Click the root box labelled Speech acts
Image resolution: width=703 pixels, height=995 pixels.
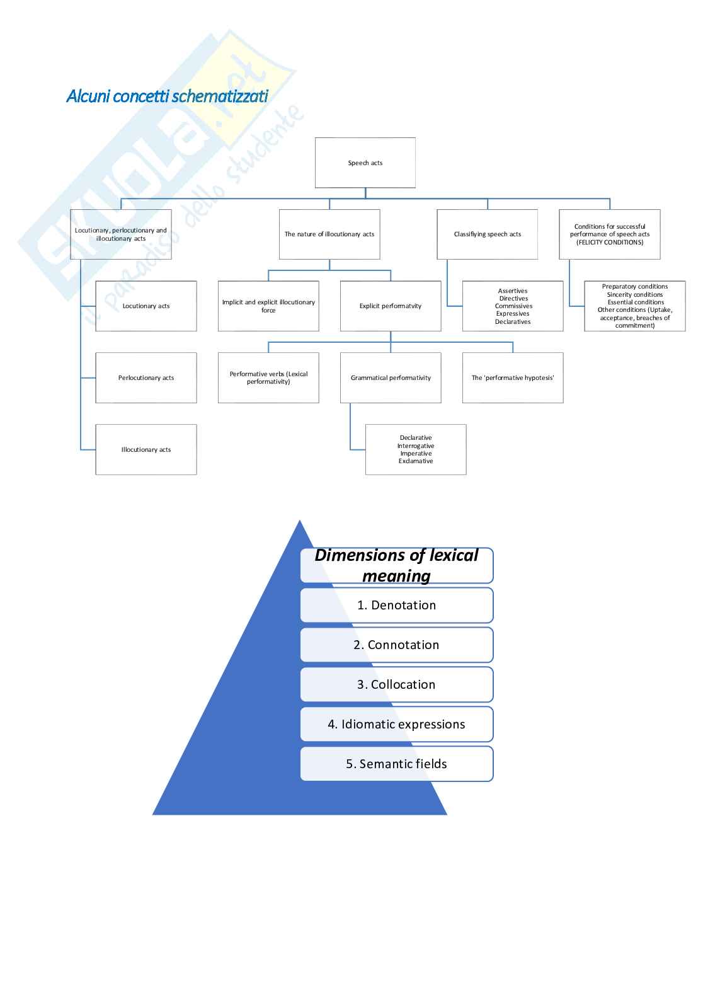[365, 163]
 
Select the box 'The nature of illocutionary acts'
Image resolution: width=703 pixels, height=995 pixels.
[329, 234]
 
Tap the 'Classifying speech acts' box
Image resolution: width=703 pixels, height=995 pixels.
[488, 234]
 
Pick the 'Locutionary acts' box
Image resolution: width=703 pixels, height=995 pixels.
[146, 306]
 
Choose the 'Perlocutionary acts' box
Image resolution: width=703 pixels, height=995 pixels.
[146, 377]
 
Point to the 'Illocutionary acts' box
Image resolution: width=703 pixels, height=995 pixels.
[146, 449]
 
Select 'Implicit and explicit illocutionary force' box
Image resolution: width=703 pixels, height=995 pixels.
[268, 306]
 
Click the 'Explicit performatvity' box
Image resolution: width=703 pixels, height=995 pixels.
[391, 306]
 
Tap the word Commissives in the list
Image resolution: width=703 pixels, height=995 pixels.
[513, 306]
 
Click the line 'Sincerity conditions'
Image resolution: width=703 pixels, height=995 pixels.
[635, 294]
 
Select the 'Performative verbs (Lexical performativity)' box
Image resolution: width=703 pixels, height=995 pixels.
[268, 377]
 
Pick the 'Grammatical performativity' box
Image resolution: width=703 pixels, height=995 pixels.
[391, 377]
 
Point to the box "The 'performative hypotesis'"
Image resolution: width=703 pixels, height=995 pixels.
[513, 377]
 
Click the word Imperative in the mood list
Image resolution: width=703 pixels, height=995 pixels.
[416, 453]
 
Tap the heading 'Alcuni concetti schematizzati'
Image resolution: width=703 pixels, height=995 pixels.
[168, 96]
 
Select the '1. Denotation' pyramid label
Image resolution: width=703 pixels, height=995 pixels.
[397, 605]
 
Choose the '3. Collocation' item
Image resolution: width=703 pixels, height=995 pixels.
[397, 684]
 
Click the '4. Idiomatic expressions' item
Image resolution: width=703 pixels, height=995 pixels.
[397, 724]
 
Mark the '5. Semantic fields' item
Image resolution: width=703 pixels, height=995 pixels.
[397, 764]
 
